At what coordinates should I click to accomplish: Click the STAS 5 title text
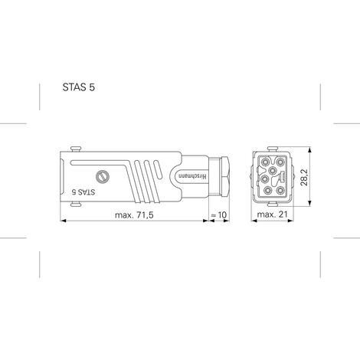tap(79, 87)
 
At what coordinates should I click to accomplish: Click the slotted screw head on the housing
tap(103, 177)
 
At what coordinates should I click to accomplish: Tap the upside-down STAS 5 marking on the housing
tap(83, 192)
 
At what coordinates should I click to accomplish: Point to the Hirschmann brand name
tap(193, 177)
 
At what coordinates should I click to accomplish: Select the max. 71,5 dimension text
tap(134, 215)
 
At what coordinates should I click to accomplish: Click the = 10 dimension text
tap(219, 215)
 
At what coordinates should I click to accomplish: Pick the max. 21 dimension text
tap(272, 214)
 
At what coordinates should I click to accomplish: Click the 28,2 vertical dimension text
tap(304, 177)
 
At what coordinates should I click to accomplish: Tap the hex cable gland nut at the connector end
tap(224, 177)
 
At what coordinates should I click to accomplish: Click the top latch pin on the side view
tap(76, 149)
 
